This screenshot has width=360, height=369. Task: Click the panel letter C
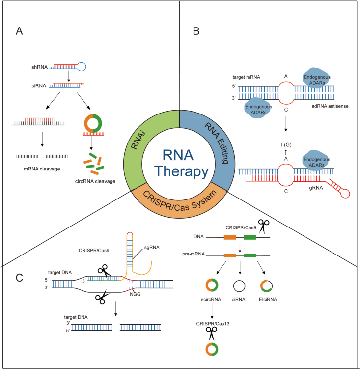20,277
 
